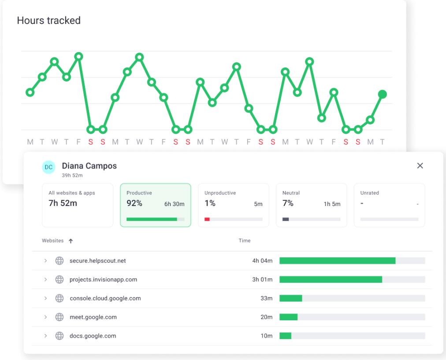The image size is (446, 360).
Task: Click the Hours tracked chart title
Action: click(48, 20)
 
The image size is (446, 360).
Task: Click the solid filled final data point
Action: click(383, 94)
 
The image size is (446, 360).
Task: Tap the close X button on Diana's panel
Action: click(420, 165)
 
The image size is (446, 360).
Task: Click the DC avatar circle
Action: click(48, 167)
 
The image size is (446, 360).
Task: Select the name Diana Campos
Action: click(89, 166)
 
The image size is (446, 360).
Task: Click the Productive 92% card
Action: click(155, 205)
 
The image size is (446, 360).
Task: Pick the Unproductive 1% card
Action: click(233, 205)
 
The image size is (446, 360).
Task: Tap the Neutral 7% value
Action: click(288, 203)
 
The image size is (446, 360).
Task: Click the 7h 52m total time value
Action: click(63, 203)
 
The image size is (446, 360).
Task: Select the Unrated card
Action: click(389, 205)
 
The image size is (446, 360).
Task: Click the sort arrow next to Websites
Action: click(71, 241)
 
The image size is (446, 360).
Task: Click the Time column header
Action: click(245, 240)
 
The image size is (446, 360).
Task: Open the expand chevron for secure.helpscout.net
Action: click(45, 261)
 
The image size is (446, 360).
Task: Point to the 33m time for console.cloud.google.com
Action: click(266, 298)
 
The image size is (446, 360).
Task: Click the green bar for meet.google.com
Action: click(288, 317)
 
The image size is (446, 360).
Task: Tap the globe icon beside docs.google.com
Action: click(59, 336)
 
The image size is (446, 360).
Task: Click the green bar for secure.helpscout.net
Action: click(337, 261)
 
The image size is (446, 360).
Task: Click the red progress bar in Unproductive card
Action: click(207, 219)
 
